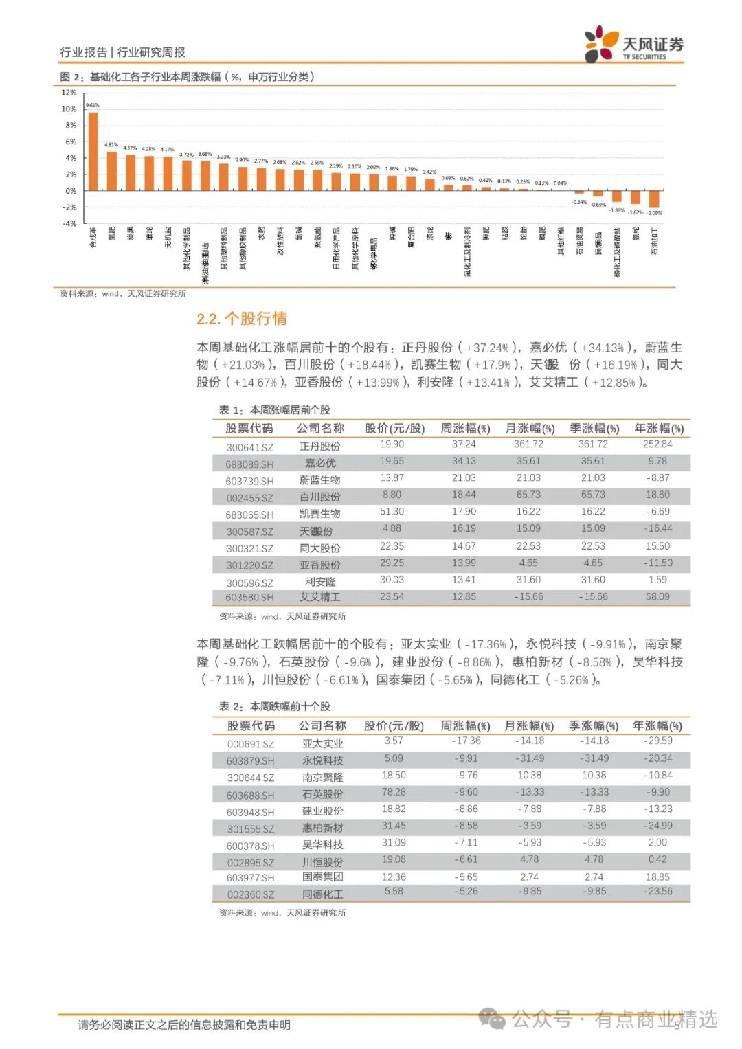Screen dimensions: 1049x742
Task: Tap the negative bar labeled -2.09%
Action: coord(654,199)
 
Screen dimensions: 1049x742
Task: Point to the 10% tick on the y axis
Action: coord(69,109)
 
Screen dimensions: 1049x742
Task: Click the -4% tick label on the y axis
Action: coord(69,224)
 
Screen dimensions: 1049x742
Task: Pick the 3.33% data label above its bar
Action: coord(223,157)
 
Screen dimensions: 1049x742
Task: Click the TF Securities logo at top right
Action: coord(633,44)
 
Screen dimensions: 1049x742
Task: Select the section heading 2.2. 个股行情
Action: coord(242,319)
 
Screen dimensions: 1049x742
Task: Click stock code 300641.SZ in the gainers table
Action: coord(249,447)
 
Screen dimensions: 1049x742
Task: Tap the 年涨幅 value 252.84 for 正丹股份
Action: coord(657,444)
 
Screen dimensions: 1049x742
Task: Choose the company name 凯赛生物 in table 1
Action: coord(320,514)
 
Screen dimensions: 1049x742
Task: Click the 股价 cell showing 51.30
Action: coord(392,512)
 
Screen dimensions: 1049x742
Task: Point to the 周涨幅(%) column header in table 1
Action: coord(465,429)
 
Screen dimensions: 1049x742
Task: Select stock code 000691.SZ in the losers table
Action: coord(251,744)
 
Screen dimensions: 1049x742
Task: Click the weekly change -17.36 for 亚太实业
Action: coord(466,741)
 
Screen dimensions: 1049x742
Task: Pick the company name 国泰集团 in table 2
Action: coord(323,877)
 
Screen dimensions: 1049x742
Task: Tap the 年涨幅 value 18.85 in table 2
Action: coord(657,877)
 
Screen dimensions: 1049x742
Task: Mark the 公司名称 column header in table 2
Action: coord(322,726)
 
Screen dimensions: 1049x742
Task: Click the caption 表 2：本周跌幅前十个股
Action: coord(275,706)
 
